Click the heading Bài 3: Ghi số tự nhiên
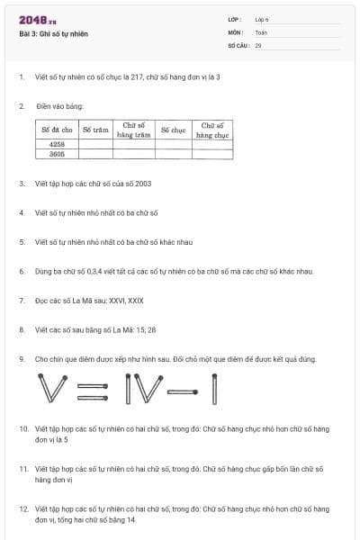point(53,34)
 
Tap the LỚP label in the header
point(235,19)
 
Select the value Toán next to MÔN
point(261,31)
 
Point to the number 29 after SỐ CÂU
point(258,43)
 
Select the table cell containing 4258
point(57,144)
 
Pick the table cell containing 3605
point(57,154)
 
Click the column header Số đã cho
point(57,130)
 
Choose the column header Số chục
point(173,130)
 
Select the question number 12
point(23,508)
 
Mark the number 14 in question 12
point(131,520)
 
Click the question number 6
point(22,271)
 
